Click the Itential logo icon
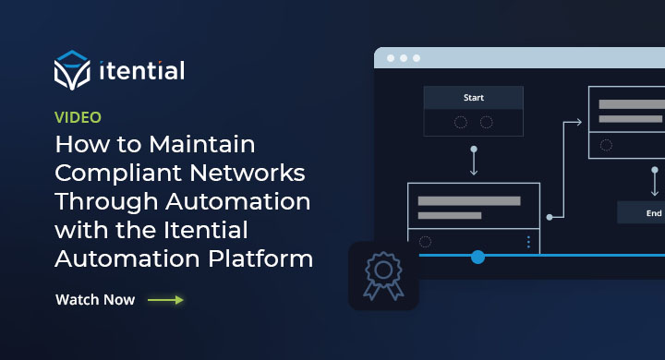pos(73,71)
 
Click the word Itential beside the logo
pos(140,71)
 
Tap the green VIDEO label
pos(78,117)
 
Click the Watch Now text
pos(95,300)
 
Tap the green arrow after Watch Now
pos(165,300)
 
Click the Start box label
pos(473,97)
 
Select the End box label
pos(654,213)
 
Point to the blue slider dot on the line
pos(478,257)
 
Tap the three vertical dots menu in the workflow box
pos(528,242)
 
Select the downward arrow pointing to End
pos(655,181)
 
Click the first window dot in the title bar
pos(390,58)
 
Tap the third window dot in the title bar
pos(416,58)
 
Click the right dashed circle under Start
pos(487,122)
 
